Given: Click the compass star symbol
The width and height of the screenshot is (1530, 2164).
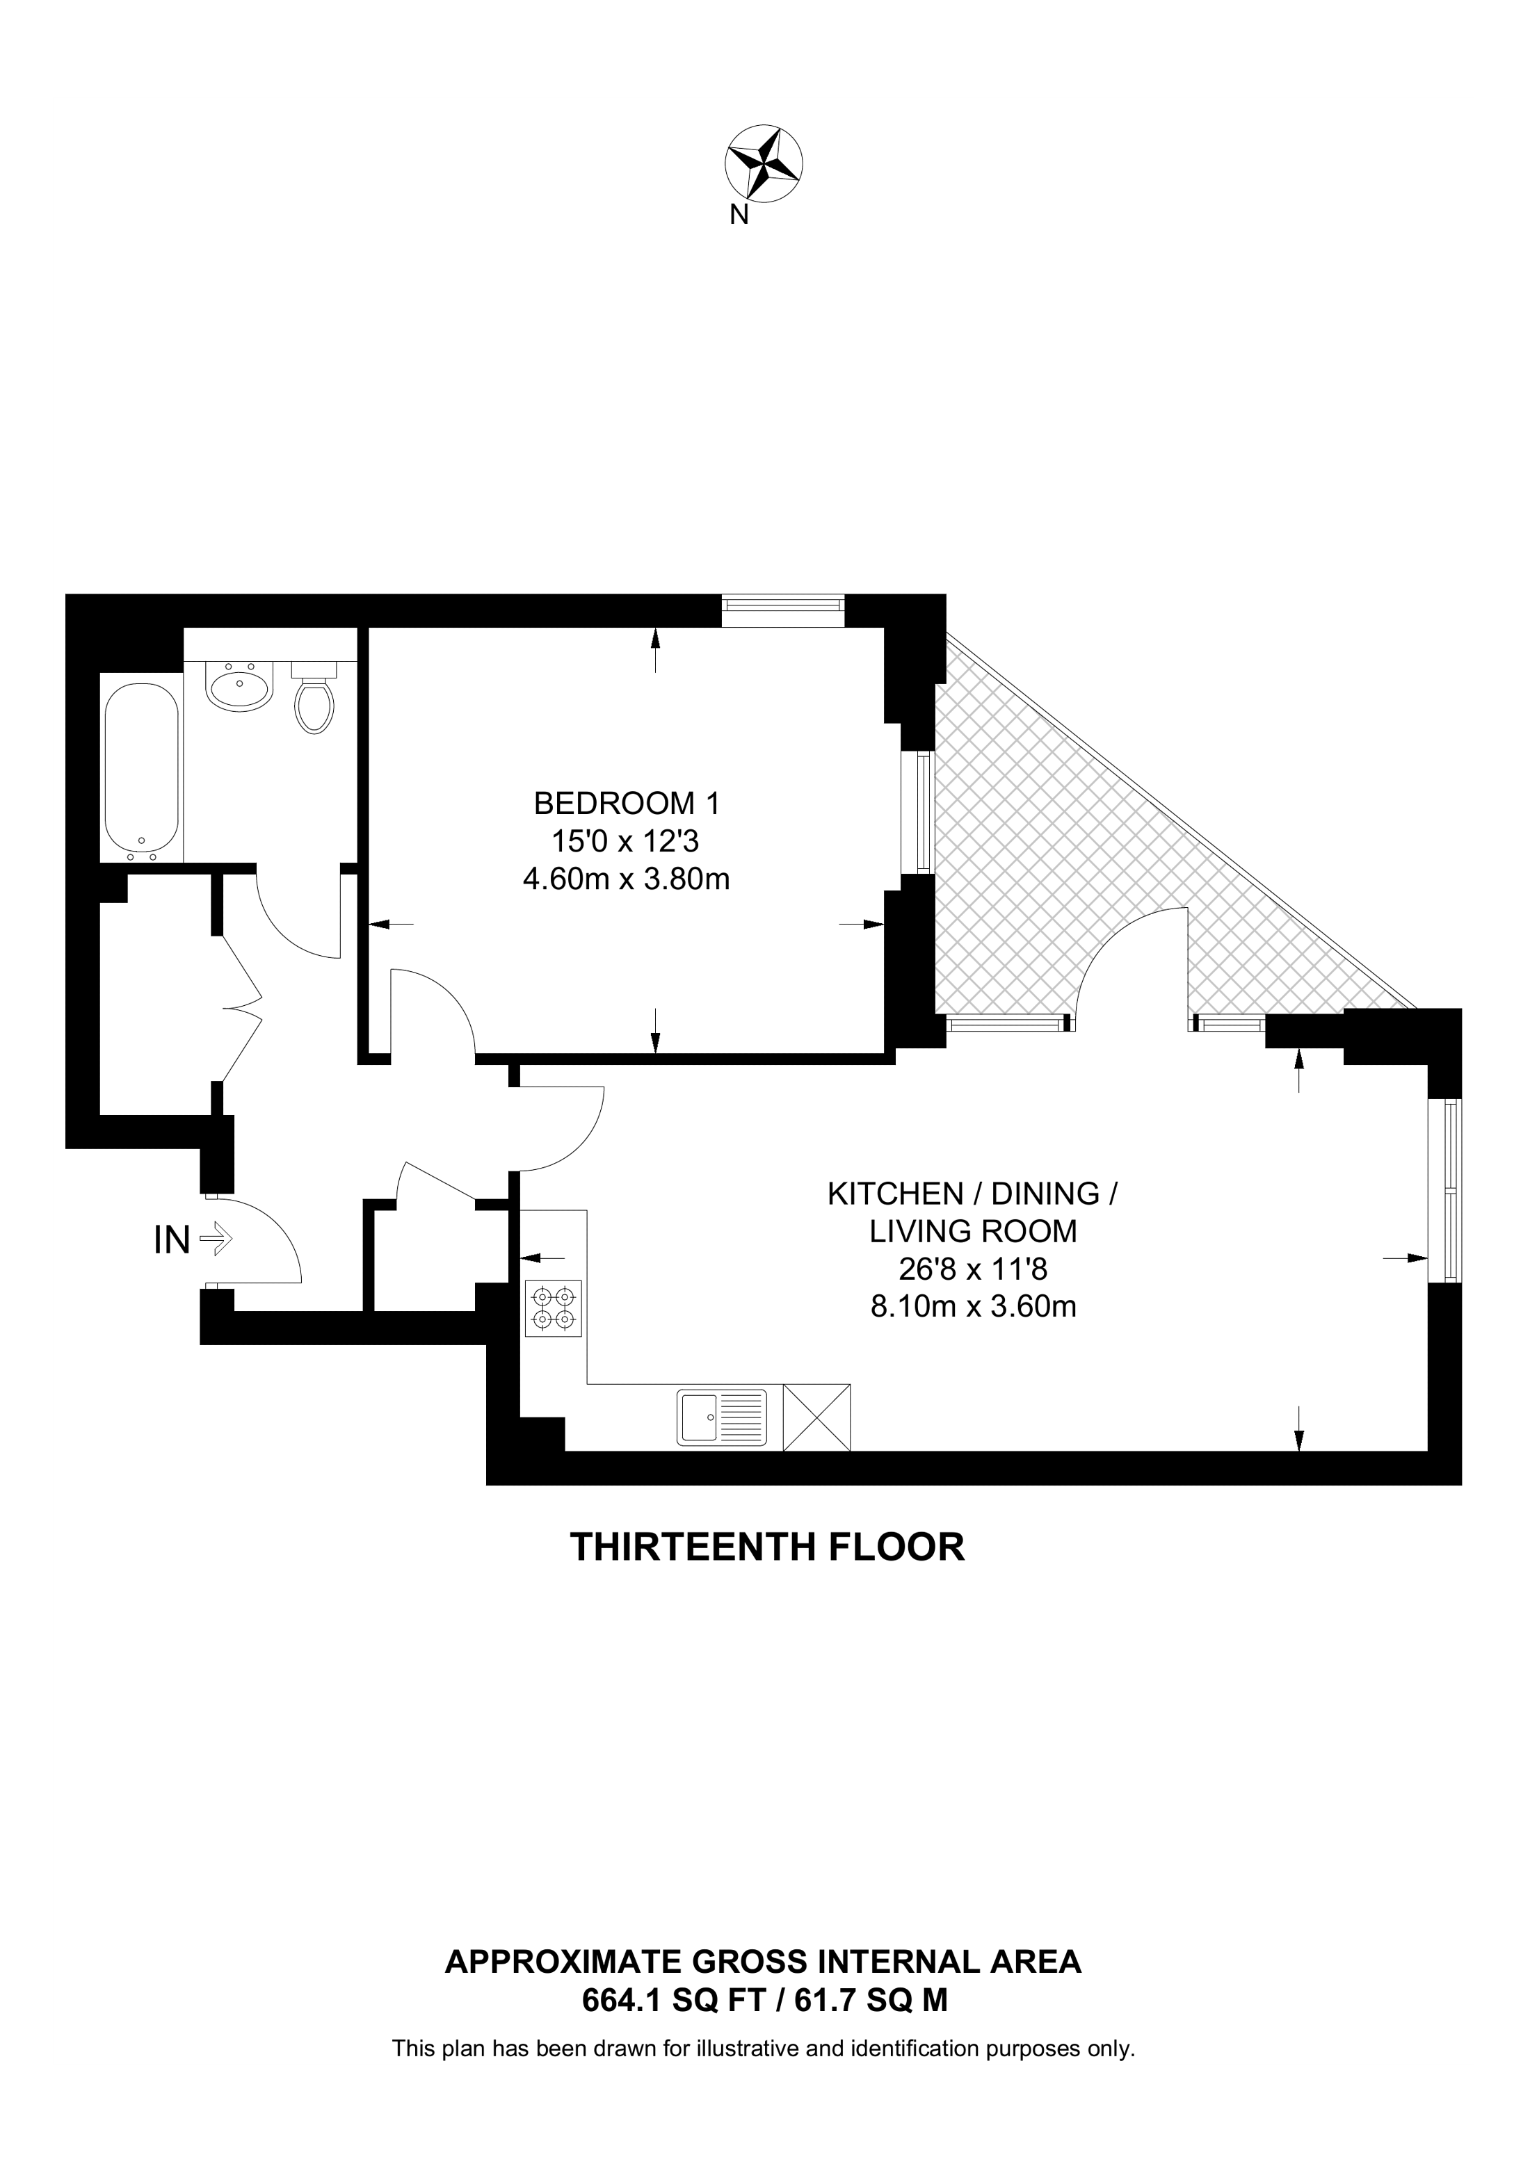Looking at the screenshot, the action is click(764, 165).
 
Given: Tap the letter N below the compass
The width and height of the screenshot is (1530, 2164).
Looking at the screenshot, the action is click(740, 215).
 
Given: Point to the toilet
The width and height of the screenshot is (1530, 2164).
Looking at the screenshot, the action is click(314, 697).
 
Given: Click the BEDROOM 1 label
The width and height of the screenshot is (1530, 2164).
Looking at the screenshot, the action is click(626, 804).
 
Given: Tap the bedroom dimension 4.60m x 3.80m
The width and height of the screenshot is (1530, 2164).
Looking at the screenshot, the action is click(626, 879).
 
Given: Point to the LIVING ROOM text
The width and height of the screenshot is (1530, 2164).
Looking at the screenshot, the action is click(973, 1231).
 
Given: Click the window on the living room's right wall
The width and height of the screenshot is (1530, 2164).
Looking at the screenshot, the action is click(1445, 1190).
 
